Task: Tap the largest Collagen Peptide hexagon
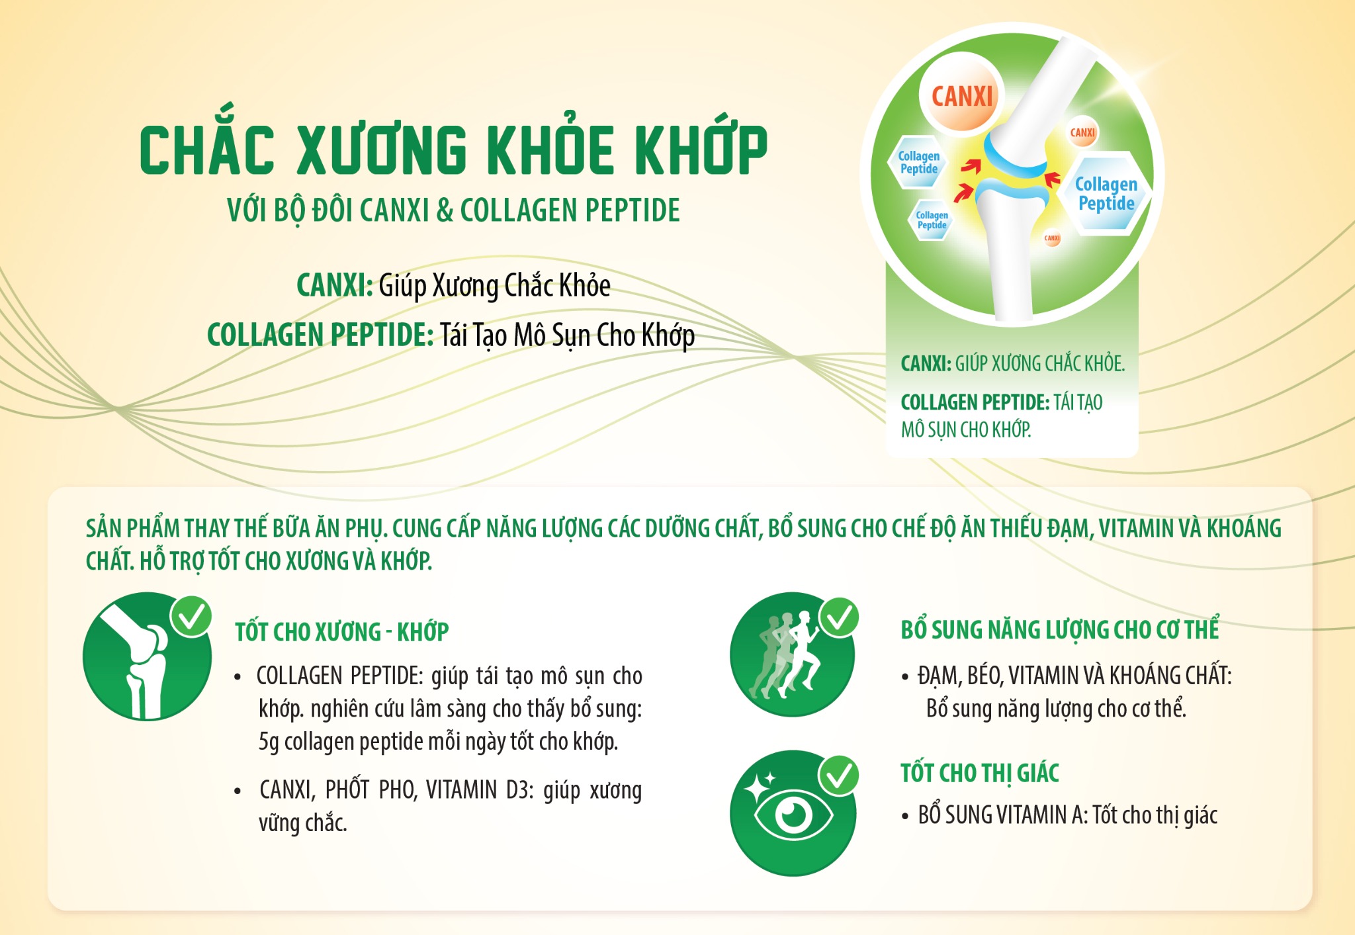(1106, 193)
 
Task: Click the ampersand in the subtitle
(445, 210)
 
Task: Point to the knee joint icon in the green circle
(147, 656)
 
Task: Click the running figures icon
(792, 654)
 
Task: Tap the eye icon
(793, 813)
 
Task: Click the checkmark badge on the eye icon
(839, 776)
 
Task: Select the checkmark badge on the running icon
(839, 618)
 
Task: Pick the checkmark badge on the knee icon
(191, 616)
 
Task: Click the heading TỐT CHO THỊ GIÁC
(979, 774)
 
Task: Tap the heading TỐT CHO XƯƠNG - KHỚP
(341, 632)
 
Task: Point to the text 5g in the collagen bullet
(269, 742)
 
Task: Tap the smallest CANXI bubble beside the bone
(1052, 238)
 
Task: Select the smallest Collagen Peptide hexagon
(932, 220)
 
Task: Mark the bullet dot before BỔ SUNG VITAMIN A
(905, 817)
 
